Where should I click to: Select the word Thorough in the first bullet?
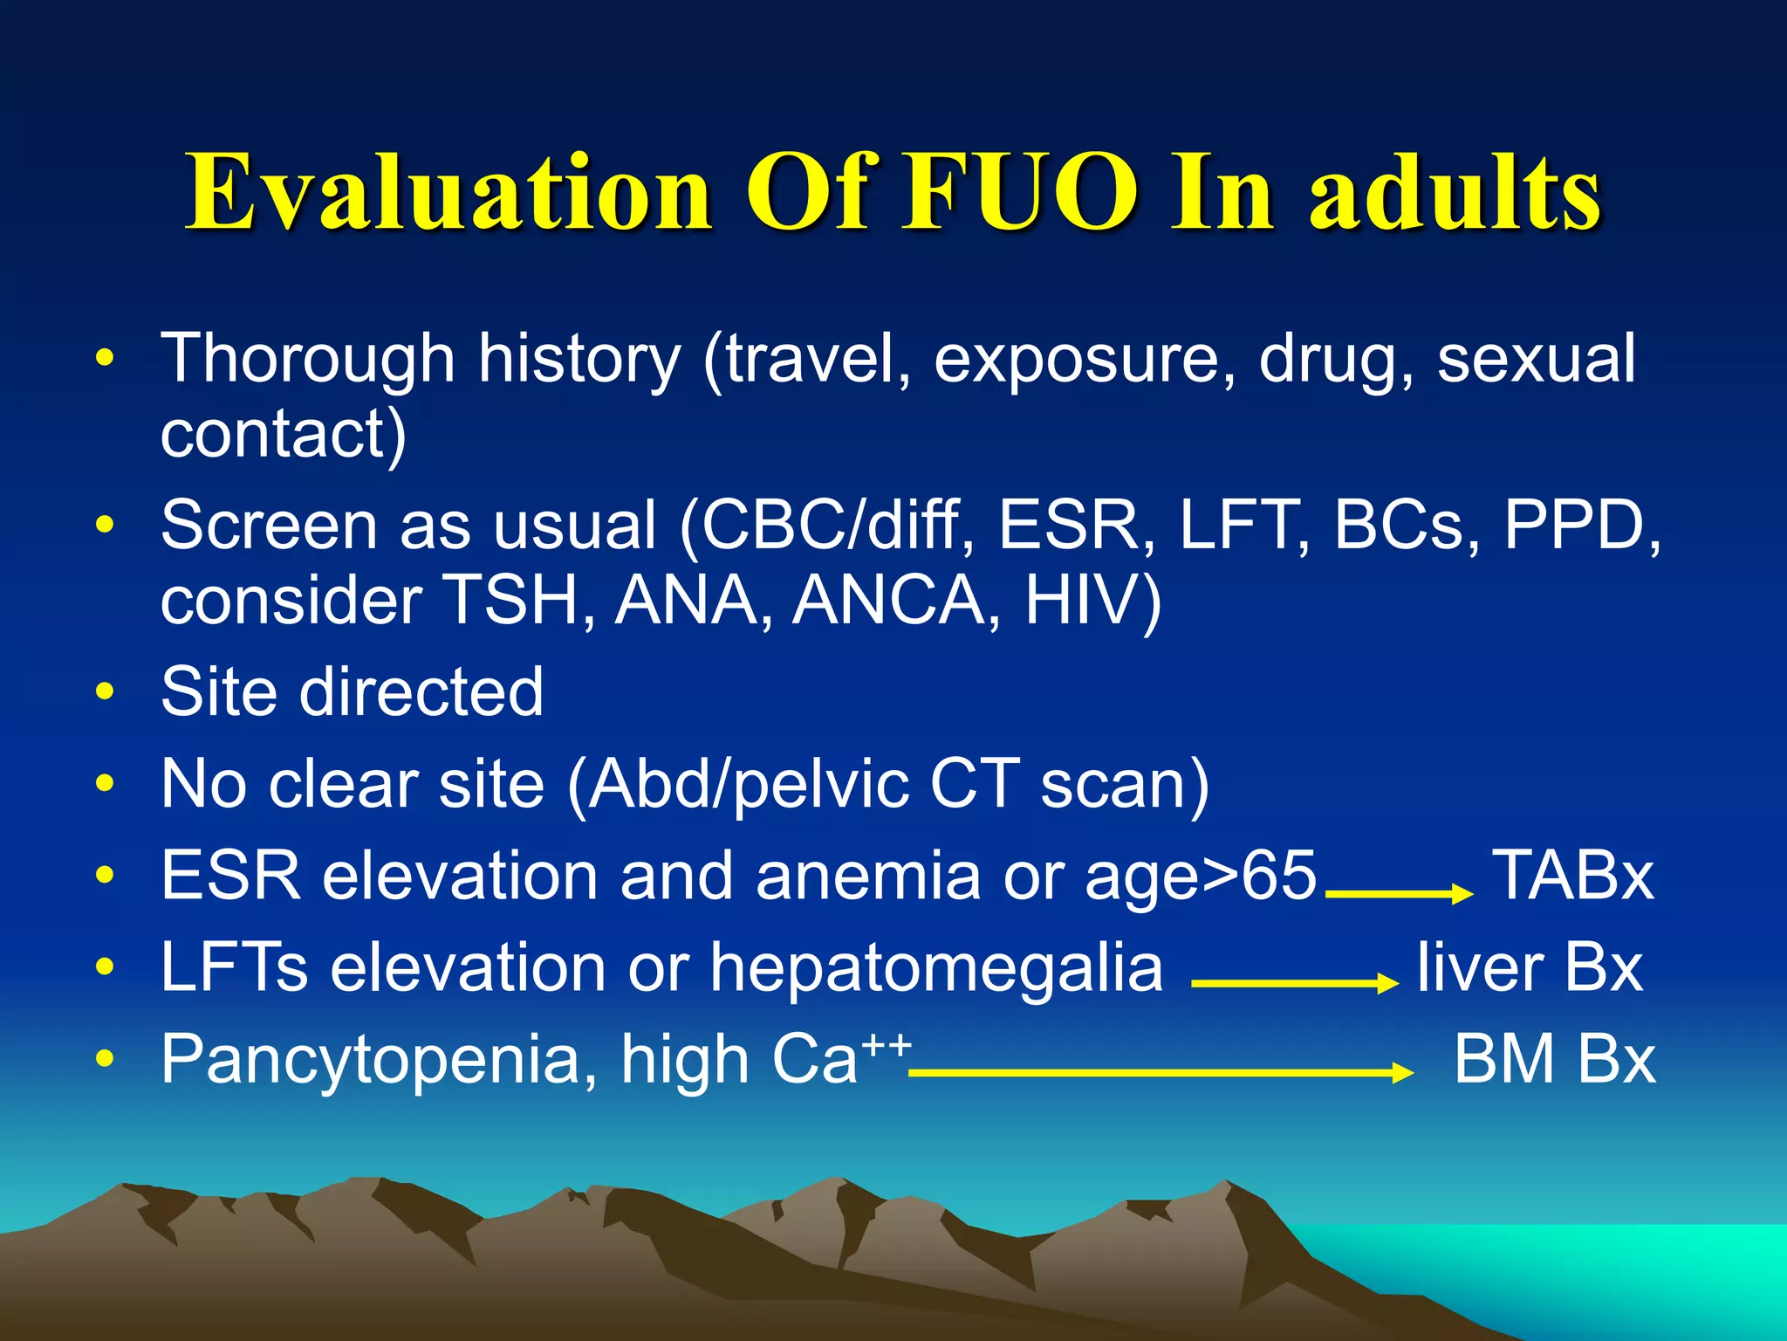point(307,359)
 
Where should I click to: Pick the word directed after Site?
point(421,691)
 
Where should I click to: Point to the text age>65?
point(1200,876)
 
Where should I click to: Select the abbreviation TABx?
point(1572,876)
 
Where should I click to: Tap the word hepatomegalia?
point(936,969)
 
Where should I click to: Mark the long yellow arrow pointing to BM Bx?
point(1161,1072)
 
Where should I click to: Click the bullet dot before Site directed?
point(105,692)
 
